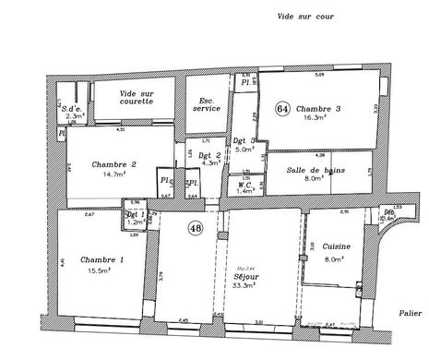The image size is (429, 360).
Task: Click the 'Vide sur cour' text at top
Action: [304, 17]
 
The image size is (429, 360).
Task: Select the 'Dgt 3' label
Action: [245, 141]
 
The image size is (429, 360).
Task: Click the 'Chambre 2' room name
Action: [115, 164]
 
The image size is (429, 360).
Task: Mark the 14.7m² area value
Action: [113, 174]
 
